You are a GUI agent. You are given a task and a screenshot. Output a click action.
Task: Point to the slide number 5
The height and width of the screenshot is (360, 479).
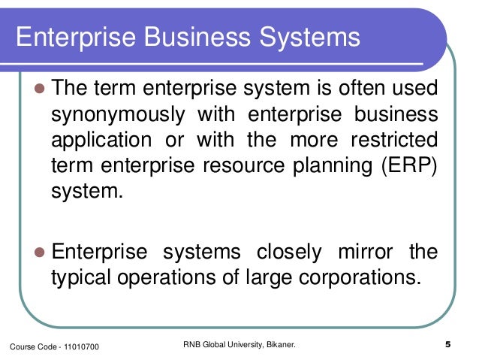pos(447,346)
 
